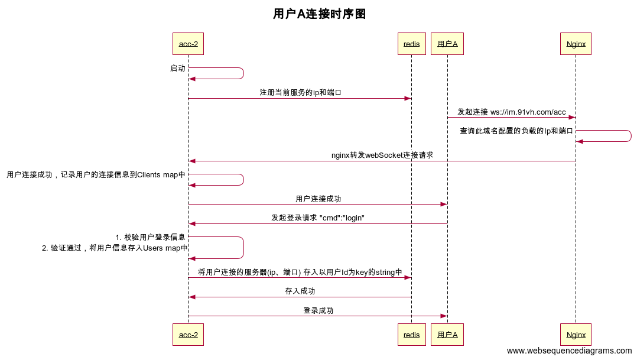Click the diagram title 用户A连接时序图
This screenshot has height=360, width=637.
click(319, 14)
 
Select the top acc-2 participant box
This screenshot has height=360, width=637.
click(188, 44)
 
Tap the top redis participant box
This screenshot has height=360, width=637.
click(411, 44)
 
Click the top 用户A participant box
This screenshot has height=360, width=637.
click(447, 44)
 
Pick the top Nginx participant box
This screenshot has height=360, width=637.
click(576, 44)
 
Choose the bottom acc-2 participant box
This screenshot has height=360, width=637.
click(188, 335)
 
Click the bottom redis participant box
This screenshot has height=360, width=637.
click(411, 335)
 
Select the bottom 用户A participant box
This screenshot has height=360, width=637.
click(447, 335)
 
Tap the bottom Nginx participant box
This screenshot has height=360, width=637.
click(576, 335)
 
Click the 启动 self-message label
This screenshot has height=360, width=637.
click(177, 69)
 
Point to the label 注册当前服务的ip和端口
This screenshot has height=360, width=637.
click(300, 93)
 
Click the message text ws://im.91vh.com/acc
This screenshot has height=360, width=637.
click(528, 112)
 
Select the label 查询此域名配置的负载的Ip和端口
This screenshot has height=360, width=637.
click(516, 131)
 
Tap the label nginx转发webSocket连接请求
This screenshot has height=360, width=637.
click(382, 155)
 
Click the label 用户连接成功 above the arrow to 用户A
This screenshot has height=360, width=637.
click(318, 199)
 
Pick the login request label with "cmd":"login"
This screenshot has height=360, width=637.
click(318, 218)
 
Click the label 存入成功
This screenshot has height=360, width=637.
click(300, 291)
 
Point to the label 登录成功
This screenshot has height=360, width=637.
click(318, 310)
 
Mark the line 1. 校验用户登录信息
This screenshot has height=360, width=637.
click(151, 237)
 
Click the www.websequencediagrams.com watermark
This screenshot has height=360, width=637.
click(569, 351)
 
